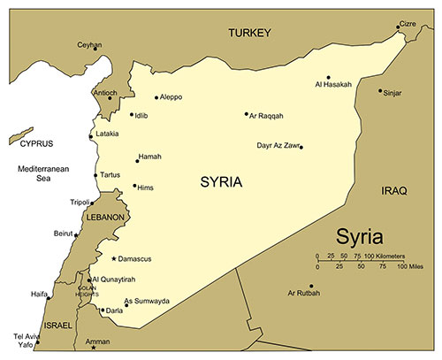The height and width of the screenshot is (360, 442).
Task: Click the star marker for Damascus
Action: click(x=114, y=258)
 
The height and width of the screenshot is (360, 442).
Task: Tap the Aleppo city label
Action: click(x=172, y=97)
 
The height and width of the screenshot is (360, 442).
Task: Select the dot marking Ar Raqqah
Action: click(x=247, y=114)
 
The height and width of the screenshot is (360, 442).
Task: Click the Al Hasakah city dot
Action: click(x=328, y=77)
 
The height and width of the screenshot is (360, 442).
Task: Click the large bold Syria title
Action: click(x=360, y=238)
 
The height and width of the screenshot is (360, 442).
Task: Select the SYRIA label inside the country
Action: click(x=221, y=182)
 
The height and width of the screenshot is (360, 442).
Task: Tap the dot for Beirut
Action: click(x=76, y=234)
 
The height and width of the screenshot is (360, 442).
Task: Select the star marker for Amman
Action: click(x=93, y=348)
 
